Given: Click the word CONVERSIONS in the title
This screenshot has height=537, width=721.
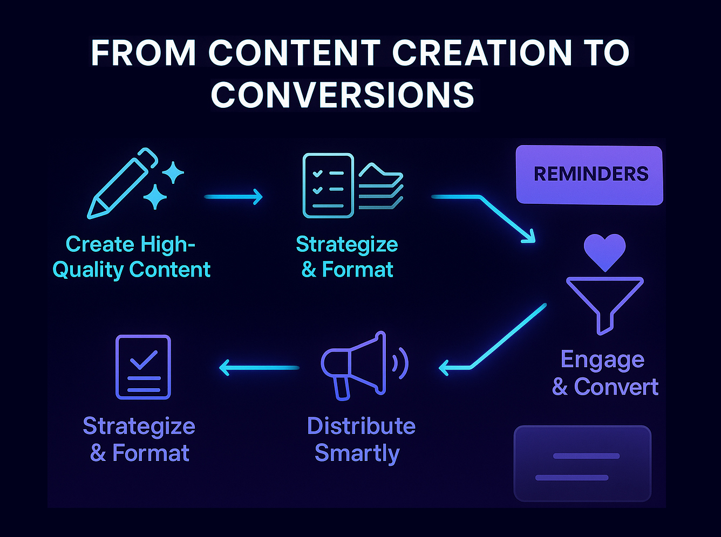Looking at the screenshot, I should pyautogui.click(x=343, y=95).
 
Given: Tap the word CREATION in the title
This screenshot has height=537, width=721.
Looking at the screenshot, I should pyautogui.click(x=482, y=53).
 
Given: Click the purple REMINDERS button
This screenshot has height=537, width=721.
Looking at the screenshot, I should pyautogui.click(x=590, y=175).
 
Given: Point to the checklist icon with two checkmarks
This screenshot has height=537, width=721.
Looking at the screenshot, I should pyautogui.click(x=328, y=186).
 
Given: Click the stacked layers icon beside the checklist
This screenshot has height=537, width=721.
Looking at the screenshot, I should pyautogui.click(x=381, y=186).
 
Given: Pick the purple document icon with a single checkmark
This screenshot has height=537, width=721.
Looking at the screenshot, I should pyautogui.click(x=143, y=367).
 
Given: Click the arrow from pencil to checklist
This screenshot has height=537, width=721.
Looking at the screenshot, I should pyautogui.click(x=234, y=197).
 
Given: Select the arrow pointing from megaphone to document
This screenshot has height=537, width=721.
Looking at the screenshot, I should pyautogui.click(x=259, y=368).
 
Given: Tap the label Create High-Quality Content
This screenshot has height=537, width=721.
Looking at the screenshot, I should pyautogui.click(x=131, y=257).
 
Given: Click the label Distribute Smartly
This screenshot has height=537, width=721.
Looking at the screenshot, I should pyautogui.click(x=360, y=439).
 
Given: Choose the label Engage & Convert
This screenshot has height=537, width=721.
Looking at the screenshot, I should pyautogui.click(x=604, y=373).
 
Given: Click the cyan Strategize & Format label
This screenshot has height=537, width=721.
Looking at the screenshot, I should pyautogui.click(x=347, y=257).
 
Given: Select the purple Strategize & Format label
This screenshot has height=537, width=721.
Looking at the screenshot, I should pyautogui.click(x=139, y=439).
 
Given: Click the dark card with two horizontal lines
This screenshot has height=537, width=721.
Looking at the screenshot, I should pyautogui.click(x=582, y=464).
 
